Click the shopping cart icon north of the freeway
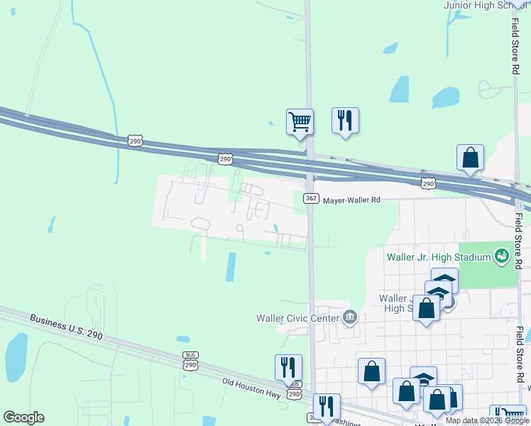300,122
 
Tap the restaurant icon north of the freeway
345,120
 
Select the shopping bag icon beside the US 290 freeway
470,158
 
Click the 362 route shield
310,199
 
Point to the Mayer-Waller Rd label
352,200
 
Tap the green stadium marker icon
502,254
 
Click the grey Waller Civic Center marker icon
349,317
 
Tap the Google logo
23,417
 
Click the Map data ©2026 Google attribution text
487,420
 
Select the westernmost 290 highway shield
136,141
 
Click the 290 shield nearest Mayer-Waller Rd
427,184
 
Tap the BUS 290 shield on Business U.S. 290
190,361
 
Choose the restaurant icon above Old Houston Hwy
288,367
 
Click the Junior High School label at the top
487,5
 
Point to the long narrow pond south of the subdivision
230,267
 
